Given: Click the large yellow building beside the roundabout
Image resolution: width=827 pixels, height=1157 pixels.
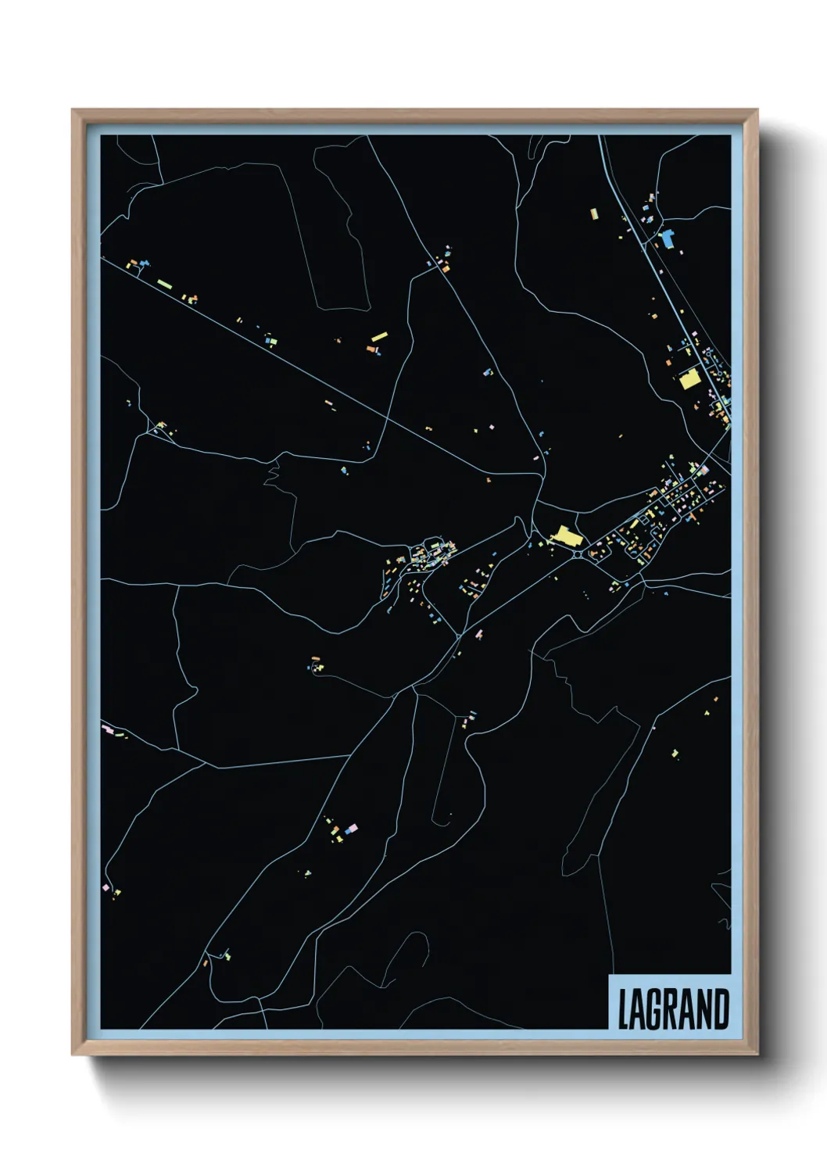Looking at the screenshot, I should tap(567, 536).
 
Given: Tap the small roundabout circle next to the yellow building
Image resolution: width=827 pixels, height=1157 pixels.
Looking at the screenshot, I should tap(577, 554).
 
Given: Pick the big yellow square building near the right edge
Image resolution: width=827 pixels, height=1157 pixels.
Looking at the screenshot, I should tap(689, 380).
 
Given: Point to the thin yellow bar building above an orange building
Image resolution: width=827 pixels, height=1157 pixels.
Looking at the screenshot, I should tap(379, 337).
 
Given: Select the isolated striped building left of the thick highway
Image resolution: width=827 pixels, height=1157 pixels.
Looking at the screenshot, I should tap(593, 213).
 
